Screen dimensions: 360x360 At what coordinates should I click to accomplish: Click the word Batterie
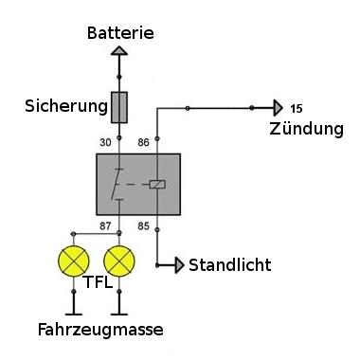tap(120, 33)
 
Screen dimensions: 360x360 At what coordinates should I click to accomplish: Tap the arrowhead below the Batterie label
tap(119, 51)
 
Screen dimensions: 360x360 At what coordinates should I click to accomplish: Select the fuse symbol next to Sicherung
tap(119, 107)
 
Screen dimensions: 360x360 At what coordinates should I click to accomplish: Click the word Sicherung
tap(66, 106)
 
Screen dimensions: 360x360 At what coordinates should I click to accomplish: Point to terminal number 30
tap(105, 143)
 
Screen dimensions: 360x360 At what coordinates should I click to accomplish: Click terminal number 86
tap(143, 143)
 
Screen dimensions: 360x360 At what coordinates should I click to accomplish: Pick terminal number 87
tap(105, 226)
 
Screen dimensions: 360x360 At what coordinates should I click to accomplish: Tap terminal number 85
tap(143, 226)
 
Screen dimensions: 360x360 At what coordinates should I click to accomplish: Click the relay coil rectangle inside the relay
tap(157, 184)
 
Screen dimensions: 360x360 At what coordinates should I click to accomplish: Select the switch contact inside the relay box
tap(117, 185)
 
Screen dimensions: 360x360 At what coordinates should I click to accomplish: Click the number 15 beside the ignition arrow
tap(297, 109)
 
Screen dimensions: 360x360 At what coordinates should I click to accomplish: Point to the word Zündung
tap(306, 129)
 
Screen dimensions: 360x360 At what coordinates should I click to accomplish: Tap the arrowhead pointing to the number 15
tap(279, 108)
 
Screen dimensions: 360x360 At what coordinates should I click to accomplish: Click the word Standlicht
tap(230, 265)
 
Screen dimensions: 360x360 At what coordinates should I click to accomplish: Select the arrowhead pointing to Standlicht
tap(180, 265)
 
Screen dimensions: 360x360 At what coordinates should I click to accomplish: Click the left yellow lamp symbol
tap(74, 261)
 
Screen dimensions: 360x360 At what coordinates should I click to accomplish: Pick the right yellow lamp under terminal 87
tap(119, 261)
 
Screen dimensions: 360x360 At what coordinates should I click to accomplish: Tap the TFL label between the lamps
tap(98, 282)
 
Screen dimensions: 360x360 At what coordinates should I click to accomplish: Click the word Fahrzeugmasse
tap(100, 330)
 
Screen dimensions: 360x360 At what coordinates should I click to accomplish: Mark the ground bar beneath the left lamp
tap(74, 315)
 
